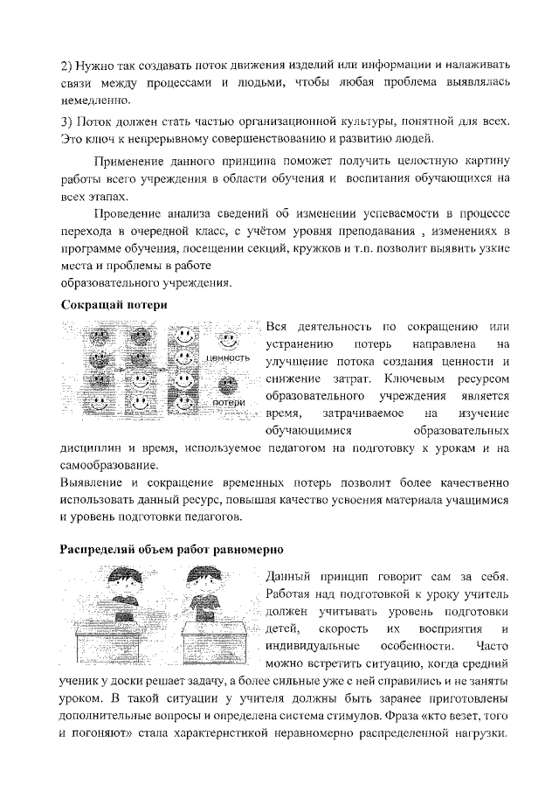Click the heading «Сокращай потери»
pos(114,304)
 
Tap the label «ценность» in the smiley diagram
pos(228,358)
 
